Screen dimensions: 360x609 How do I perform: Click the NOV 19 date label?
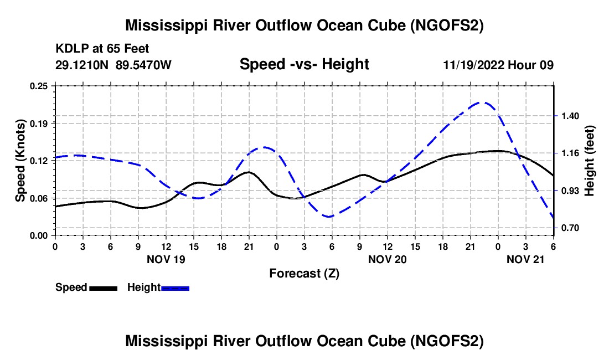(x=166, y=259)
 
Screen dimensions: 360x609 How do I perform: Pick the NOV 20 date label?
(x=388, y=259)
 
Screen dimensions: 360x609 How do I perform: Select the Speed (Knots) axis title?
(x=20, y=161)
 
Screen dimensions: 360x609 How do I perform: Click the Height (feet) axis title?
(x=589, y=161)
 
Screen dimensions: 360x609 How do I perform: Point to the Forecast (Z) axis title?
(x=304, y=273)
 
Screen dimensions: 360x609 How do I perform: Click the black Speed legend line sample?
(x=103, y=287)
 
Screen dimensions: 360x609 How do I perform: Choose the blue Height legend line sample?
(x=176, y=287)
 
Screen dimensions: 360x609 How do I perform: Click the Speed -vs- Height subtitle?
(x=304, y=64)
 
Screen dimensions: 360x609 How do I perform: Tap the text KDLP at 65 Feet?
(x=102, y=49)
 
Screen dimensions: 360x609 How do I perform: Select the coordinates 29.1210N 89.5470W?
(x=113, y=65)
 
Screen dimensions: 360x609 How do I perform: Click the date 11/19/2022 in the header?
(x=474, y=65)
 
